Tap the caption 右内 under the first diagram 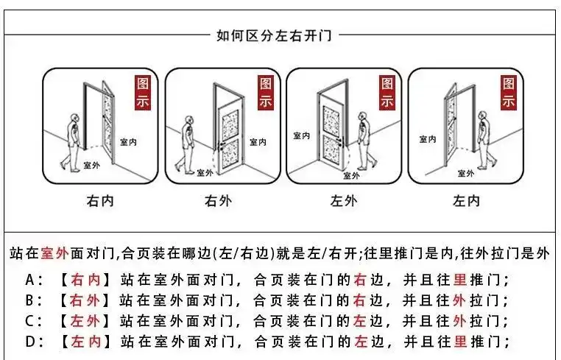[x=101, y=200]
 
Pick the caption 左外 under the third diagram [x=343, y=200]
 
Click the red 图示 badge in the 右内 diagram [x=144, y=93]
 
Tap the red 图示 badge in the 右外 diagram [x=265, y=93]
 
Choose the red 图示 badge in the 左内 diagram [x=508, y=93]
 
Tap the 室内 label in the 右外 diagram [x=259, y=142]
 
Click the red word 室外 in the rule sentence [x=55, y=254]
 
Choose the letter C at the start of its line [x=29, y=321]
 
